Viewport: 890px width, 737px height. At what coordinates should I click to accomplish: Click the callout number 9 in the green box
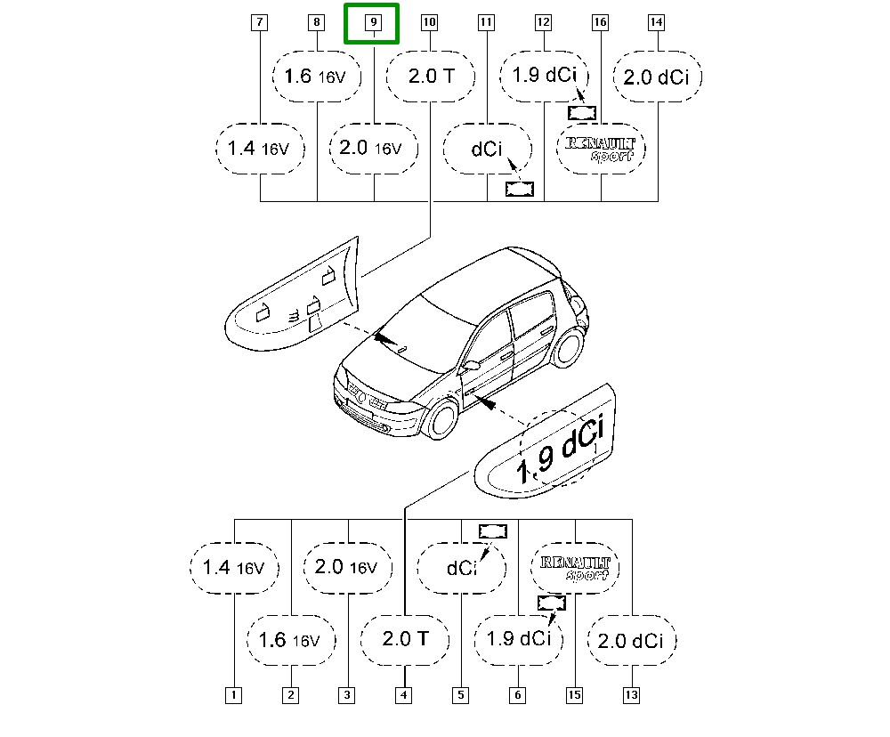click(374, 22)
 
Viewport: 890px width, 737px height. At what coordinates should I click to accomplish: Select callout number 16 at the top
click(600, 22)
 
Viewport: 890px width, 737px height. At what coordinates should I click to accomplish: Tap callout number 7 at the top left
click(259, 22)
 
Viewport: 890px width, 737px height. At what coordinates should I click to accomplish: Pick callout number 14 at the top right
click(656, 22)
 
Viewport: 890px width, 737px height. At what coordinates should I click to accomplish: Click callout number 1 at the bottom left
click(233, 695)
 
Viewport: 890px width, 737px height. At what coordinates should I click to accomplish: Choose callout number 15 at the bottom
click(574, 695)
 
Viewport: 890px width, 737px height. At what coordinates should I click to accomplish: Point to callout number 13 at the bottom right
click(631, 695)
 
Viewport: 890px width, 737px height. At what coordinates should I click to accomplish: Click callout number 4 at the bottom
click(403, 695)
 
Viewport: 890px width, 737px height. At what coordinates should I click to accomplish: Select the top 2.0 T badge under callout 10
click(431, 77)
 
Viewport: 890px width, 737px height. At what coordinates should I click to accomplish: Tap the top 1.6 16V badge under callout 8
click(317, 77)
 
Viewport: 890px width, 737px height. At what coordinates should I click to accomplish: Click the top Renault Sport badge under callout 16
click(601, 149)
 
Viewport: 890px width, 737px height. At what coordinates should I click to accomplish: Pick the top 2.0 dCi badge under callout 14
click(658, 77)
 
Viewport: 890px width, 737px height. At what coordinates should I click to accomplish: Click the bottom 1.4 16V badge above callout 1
click(234, 568)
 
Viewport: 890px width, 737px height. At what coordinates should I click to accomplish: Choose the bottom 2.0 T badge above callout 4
click(405, 640)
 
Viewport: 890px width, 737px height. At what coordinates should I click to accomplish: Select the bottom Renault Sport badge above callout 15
click(575, 568)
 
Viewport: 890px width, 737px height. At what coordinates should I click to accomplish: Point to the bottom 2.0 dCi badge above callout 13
click(632, 640)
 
